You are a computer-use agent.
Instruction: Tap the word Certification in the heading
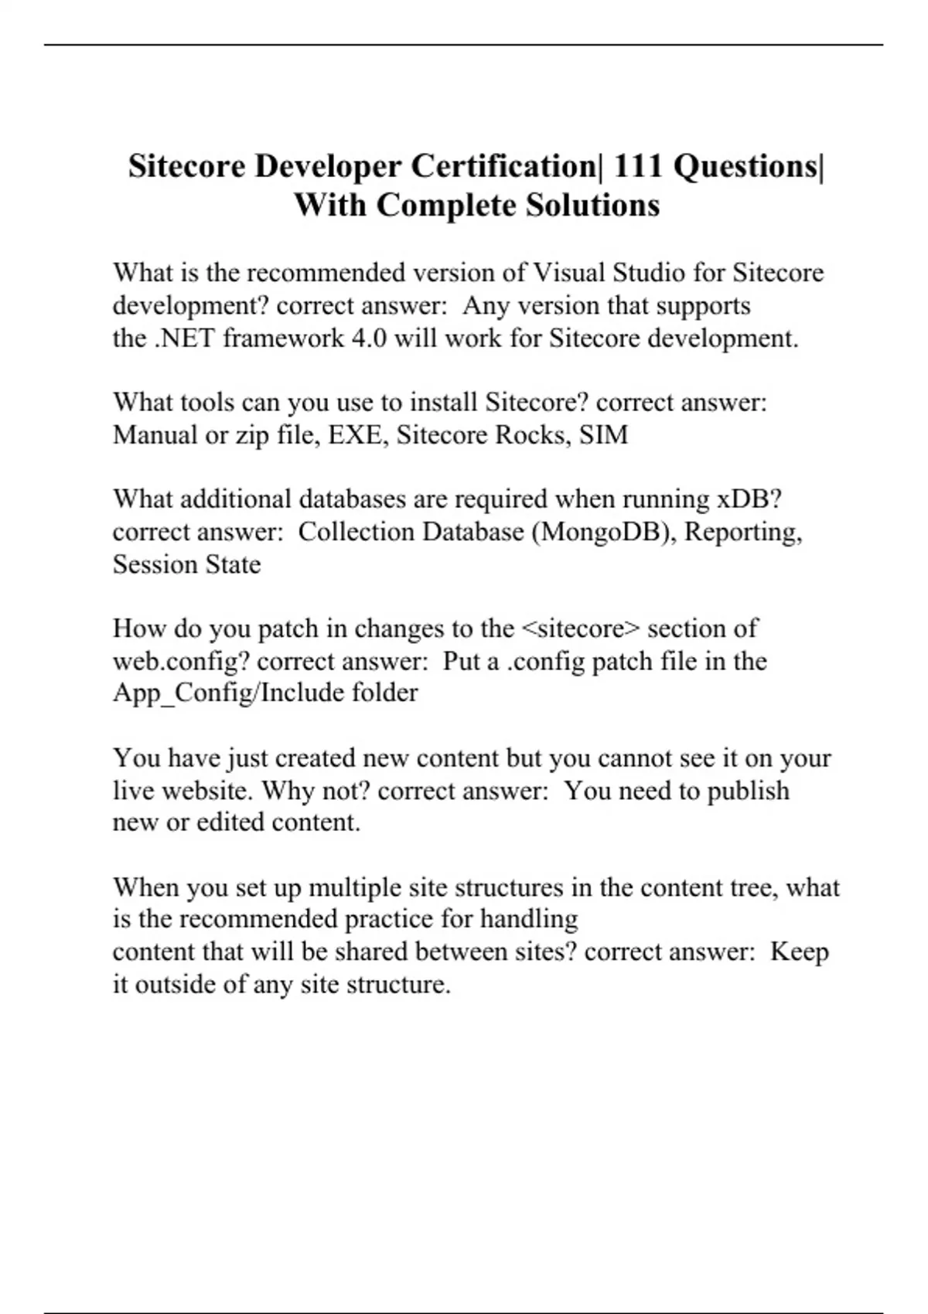[x=503, y=166]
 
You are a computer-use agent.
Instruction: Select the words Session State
[x=186, y=565]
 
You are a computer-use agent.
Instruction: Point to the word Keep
[x=800, y=951]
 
